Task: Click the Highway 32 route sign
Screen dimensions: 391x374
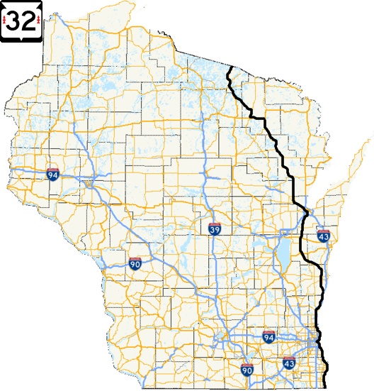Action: tap(22, 21)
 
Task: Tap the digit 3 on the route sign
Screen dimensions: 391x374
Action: tap(16, 21)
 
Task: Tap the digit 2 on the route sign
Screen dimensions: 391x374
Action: tap(28, 21)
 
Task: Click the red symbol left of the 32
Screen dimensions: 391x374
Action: tap(6, 21)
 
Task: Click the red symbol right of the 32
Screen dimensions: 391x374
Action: tap(38, 21)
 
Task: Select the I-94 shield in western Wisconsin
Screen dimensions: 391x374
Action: tap(52, 173)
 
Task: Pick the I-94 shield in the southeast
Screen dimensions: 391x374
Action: tap(268, 336)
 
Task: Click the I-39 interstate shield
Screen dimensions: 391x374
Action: tap(215, 228)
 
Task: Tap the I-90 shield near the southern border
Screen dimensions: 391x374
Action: tap(246, 369)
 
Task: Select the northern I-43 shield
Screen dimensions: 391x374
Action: tap(322, 235)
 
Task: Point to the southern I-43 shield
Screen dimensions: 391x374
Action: tap(288, 362)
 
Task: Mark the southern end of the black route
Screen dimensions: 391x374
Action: tap(327, 387)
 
